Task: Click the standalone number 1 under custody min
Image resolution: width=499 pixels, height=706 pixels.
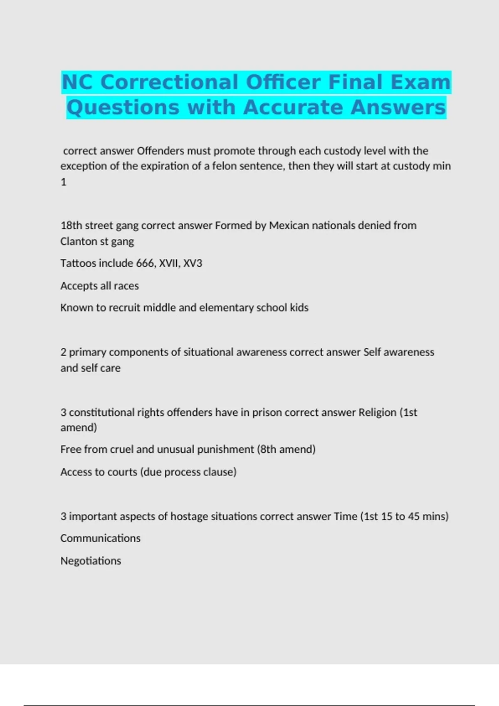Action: pyautogui.click(x=64, y=182)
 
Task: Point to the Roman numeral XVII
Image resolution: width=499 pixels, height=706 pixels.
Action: pyautogui.click(x=169, y=263)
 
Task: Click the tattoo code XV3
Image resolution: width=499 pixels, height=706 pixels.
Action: pyautogui.click(x=193, y=263)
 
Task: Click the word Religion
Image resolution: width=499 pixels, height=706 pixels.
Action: pyautogui.click(x=377, y=412)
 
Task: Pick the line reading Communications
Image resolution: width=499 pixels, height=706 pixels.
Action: pyautogui.click(x=100, y=538)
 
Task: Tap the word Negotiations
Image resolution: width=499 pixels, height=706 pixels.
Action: pyautogui.click(x=91, y=561)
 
